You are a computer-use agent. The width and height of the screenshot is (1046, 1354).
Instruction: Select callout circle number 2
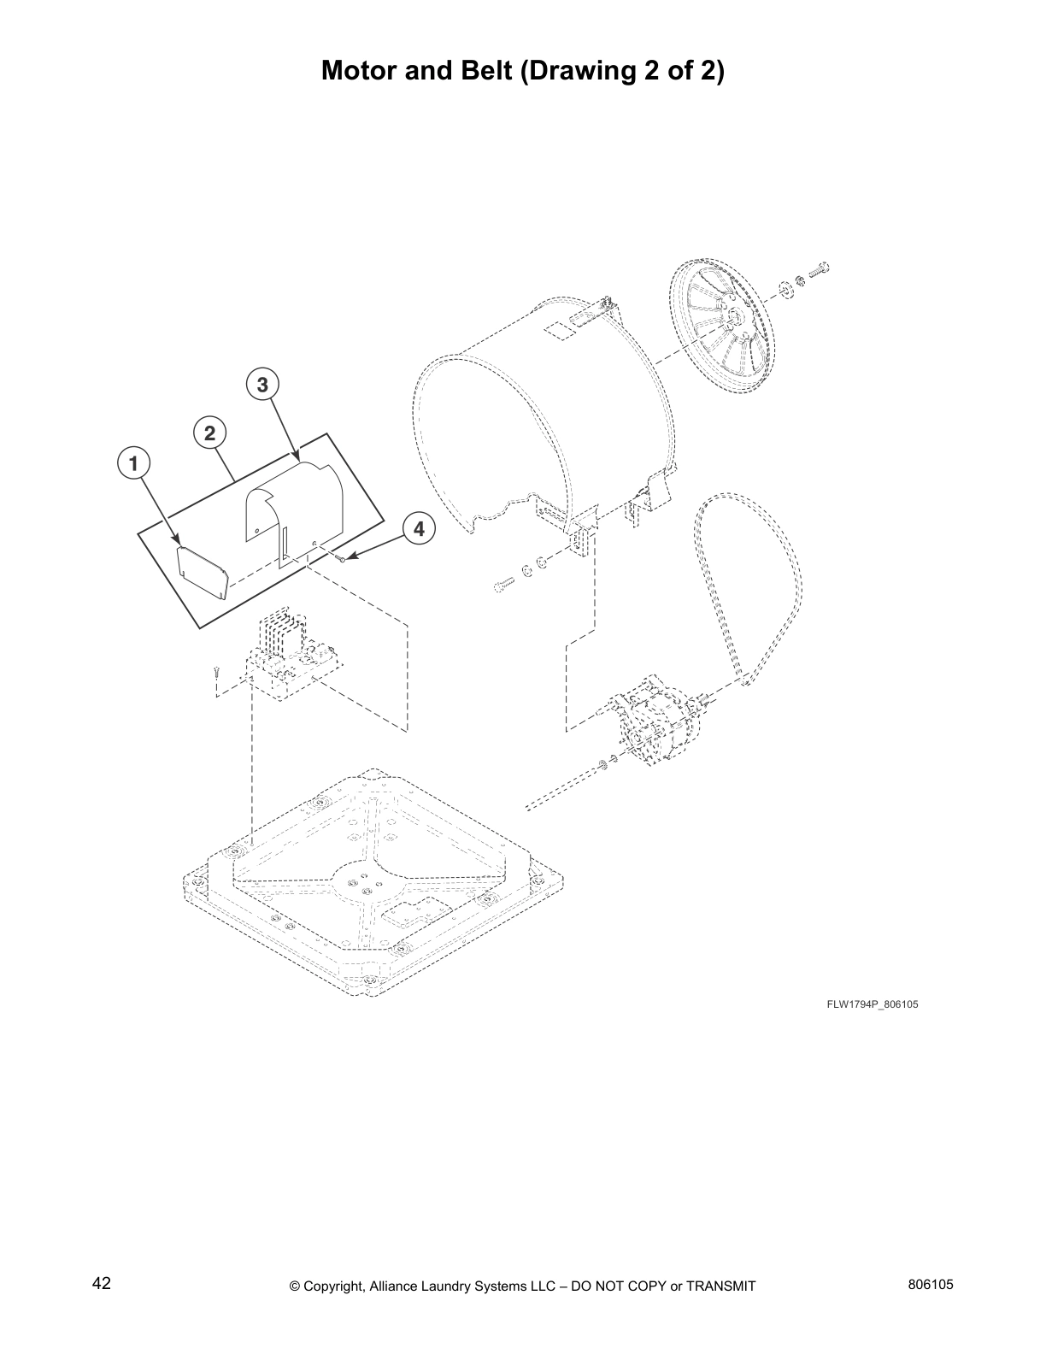coord(209,433)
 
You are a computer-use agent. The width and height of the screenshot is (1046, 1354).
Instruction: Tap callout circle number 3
coord(262,386)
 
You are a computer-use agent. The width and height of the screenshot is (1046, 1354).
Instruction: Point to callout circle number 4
coord(418,529)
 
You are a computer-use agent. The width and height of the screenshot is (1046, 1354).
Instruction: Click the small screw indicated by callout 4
coord(342,559)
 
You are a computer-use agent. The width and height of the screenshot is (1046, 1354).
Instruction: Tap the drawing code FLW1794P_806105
coord(872,1004)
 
